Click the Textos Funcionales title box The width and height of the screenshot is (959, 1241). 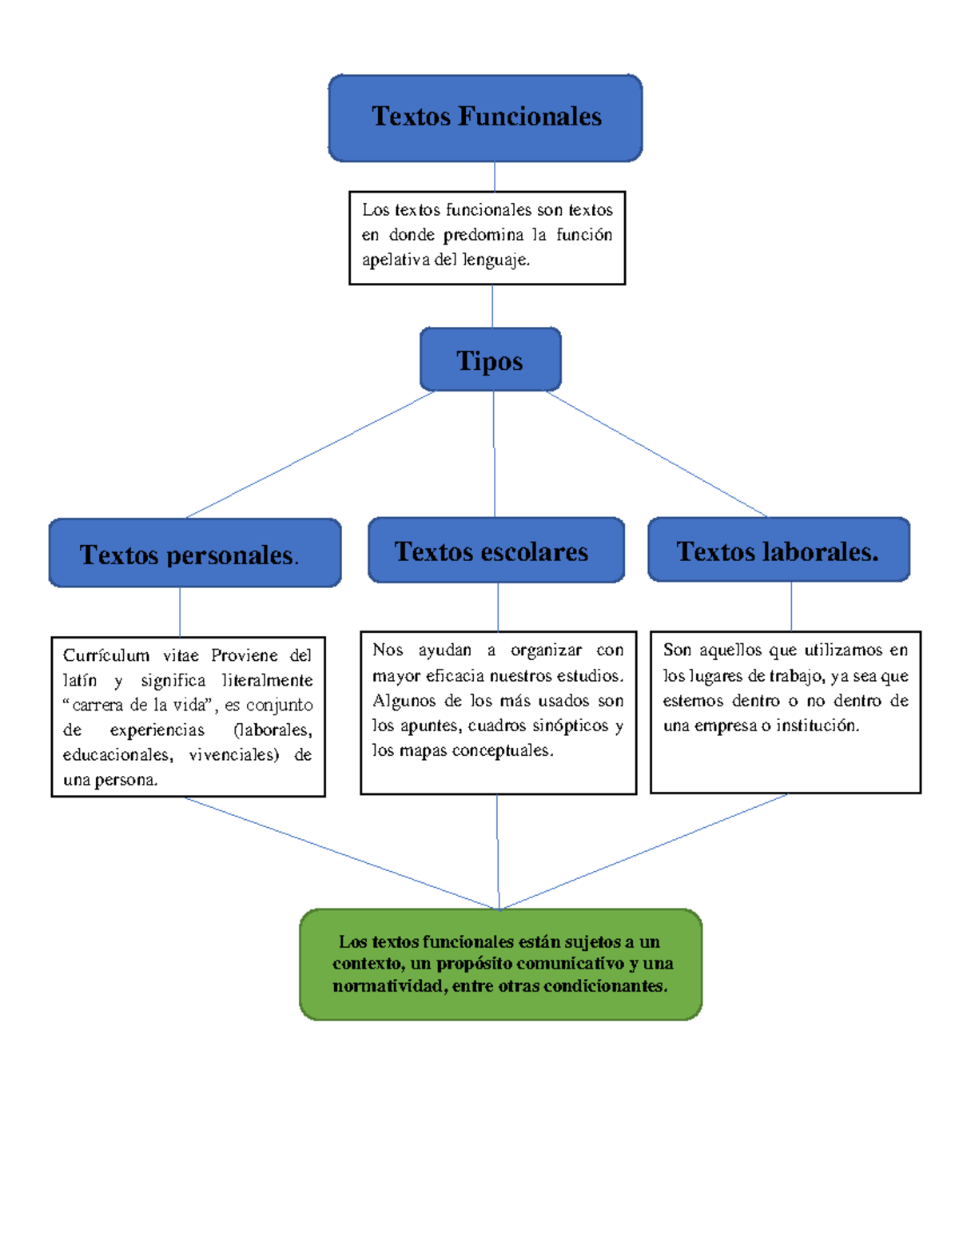click(x=485, y=117)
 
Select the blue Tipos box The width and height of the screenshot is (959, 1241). click(x=490, y=360)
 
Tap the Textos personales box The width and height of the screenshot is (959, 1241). click(x=194, y=553)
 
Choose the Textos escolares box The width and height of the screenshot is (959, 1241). click(x=495, y=551)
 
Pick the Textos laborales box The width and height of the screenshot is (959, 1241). click(x=778, y=550)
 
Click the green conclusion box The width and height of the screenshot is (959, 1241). click(x=500, y=964)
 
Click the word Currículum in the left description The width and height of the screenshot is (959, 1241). click(x=106, y=655)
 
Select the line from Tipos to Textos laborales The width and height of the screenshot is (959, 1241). click(x=655, y=453)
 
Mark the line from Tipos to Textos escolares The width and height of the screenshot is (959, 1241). click(x=494, y=454)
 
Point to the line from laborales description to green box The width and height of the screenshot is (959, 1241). click(x=643, y=852)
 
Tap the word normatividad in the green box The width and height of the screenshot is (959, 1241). click(x=388, y=986)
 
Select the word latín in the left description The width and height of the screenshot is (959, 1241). click(x=80, y=680)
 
